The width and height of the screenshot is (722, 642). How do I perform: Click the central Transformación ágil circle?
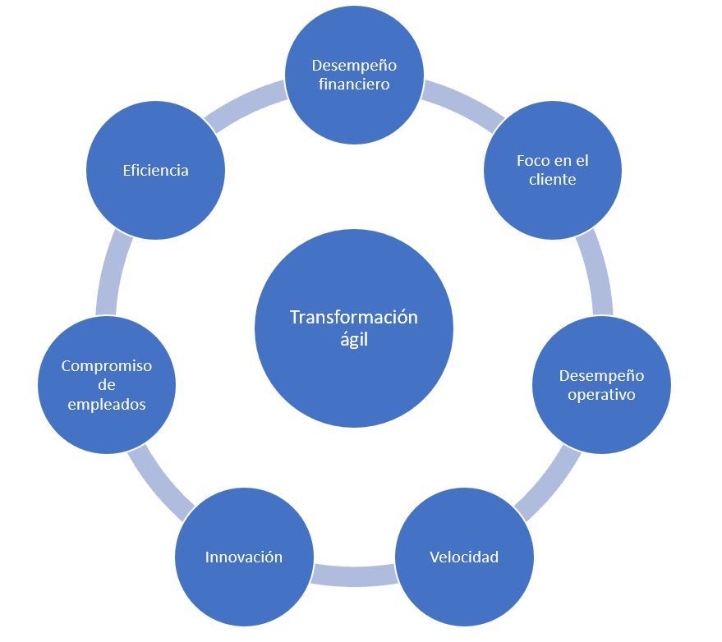point(354,328)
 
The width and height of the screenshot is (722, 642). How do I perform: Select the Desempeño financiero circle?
point(354,75)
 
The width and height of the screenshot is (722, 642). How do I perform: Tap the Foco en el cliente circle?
point(553,170)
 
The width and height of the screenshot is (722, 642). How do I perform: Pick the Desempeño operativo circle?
point(601,385)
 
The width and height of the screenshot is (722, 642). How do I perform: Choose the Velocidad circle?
point(464,557)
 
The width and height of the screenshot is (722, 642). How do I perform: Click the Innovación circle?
point(244,557)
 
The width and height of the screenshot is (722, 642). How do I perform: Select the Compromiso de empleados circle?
point(107,385)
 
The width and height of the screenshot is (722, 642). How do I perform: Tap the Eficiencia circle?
point(155,170)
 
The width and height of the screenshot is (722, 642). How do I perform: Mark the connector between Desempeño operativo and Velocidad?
point(549,484)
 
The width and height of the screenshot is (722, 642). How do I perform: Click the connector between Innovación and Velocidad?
point(354,576)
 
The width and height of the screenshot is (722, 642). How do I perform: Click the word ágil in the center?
point(354,340)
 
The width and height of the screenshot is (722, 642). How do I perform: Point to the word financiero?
point(354,85)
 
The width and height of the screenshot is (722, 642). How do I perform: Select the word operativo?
point(601,395)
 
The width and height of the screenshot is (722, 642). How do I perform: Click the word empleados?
point(107,405)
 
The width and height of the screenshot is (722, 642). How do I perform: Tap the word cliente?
point(553,180)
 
